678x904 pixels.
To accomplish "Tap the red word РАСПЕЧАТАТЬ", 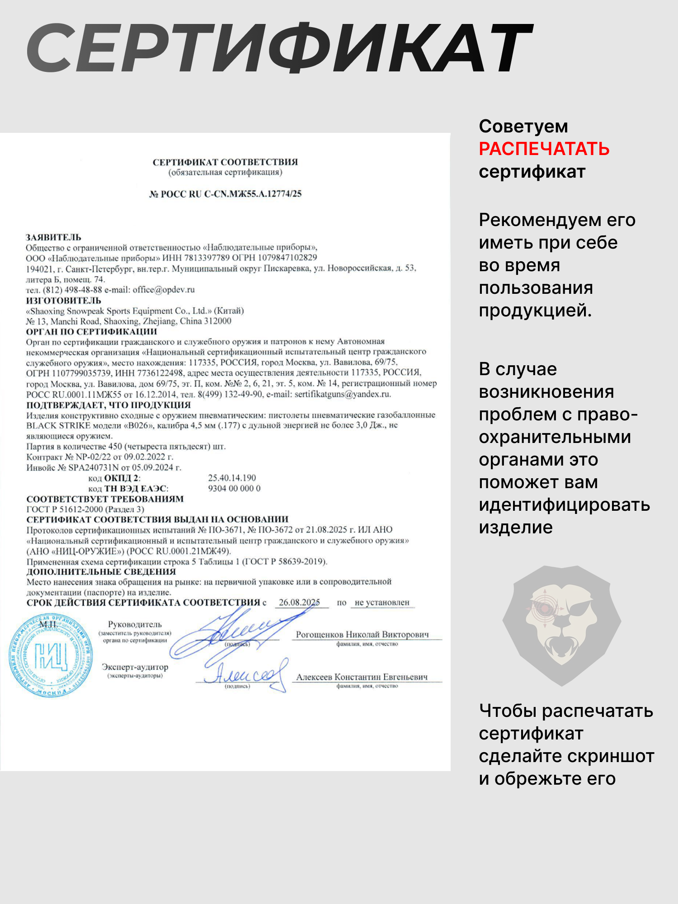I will pos(544,149).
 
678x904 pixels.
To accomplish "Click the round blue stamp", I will pos(51,655).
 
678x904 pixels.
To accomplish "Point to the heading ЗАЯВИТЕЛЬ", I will pos(53,237).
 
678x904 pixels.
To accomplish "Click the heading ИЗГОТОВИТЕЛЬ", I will pos(63,301).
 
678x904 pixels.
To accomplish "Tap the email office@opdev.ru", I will pos(164,290).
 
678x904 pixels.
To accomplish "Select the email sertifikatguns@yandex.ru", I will pos(342,394).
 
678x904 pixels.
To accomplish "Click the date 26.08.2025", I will pos(299,603).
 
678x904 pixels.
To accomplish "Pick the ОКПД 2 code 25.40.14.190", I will pos(232,478).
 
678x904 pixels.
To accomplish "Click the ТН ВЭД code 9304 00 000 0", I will pos(234,488).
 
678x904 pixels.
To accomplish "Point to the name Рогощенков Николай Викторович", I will pos(362,635).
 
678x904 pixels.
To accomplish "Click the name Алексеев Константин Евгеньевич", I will pos(362,677).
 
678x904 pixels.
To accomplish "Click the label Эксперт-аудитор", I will pos(135,667).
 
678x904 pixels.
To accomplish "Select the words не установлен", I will pos(382,603).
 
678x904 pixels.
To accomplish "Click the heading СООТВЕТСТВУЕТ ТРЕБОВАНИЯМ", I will pos(105,499).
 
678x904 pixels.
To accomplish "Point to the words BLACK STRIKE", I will pos(58,426).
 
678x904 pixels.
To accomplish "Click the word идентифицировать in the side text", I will pos(564,505).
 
